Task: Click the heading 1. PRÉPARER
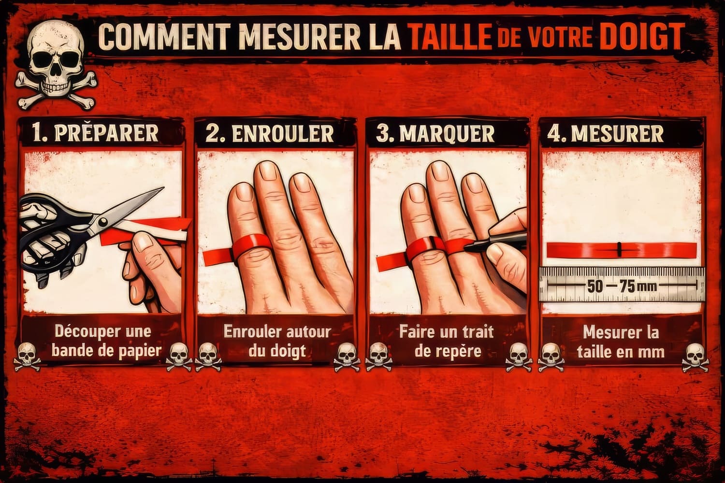coord(95,133)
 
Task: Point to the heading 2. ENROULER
coord(269,133)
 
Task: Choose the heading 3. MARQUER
coord(435,133)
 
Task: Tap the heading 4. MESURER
coord(605,133)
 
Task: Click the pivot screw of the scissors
coord(103,222)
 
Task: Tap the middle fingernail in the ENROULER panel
coord(268,170)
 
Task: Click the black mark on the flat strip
coord(619,250)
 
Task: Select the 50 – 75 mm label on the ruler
coord(622,286)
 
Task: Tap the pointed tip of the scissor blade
coord(163,187)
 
